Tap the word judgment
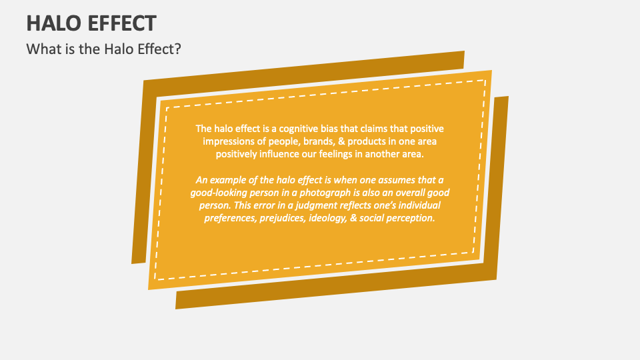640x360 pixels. pos(345,205)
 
